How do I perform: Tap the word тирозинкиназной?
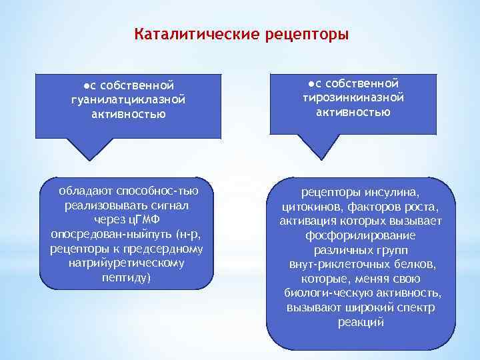[353, 97]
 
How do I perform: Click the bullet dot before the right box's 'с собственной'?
[311, 83]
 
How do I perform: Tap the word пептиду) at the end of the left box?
[127, 277]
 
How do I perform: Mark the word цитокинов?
[311, 207]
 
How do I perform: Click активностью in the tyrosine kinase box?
[353, 111]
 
